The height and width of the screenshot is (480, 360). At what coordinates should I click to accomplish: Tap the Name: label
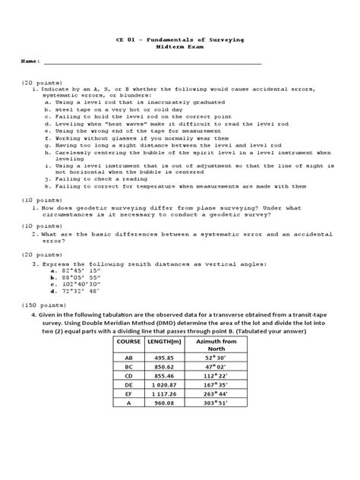[x=30, y=60]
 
